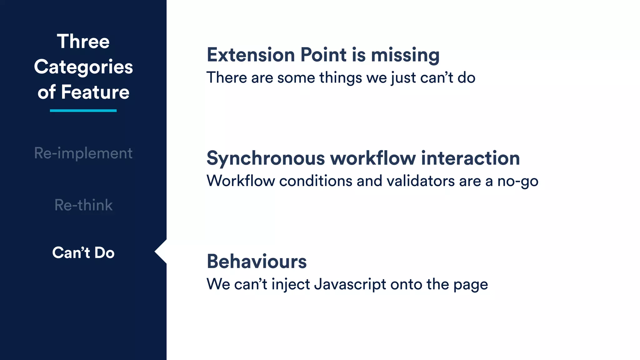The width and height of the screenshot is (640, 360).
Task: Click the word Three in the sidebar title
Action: (83, 42)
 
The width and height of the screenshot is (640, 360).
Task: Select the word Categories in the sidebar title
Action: (83, 67)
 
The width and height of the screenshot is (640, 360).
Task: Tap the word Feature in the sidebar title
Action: (95, 92)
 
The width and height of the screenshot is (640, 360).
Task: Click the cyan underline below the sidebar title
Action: (83, 111)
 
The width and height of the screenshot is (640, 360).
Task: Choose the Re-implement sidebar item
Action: (83, 153)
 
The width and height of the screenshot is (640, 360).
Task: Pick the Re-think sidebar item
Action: (83, 205)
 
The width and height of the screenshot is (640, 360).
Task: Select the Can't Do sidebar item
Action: (83, 252)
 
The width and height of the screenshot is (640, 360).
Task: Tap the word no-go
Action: (518, 181)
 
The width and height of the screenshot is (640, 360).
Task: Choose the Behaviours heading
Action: (257, 262)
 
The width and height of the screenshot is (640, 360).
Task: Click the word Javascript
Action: (350, 284)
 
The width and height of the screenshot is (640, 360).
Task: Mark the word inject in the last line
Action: (291, 284)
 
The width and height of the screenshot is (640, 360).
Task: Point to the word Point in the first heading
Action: (323, 55)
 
